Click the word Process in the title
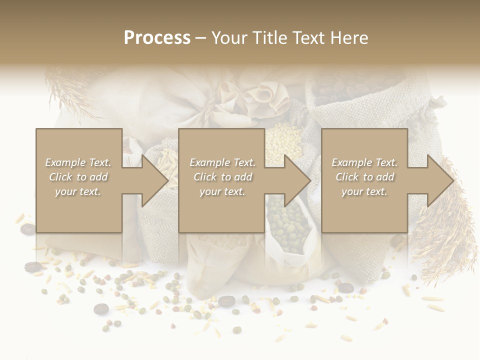pos(157,37)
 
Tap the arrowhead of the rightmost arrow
pos(440,180)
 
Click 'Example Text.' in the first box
pos(78,162)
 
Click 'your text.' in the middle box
pos(221,191)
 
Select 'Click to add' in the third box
pos(364,177)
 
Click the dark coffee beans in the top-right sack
pos(345,90)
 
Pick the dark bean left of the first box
pos(27,229)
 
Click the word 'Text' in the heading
pos(305,37)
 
